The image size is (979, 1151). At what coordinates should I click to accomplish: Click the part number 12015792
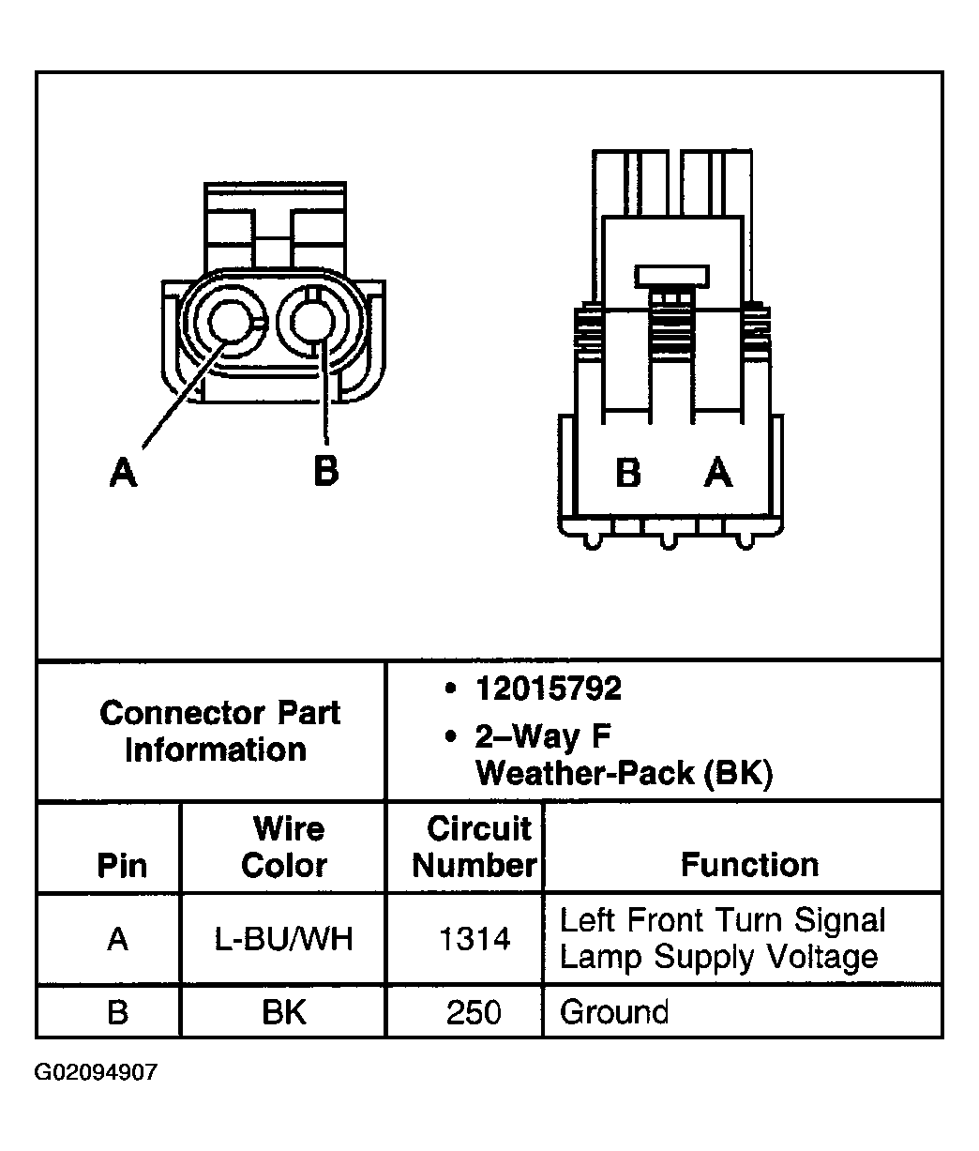pyautogui.click(x=548, y=689)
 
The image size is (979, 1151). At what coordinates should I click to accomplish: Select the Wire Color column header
pyautogui.click(x=283, y=847)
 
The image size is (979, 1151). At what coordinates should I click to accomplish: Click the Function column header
pyautogui.click(x=749, y=864)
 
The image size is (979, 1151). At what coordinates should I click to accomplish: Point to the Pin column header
pyautogui.click(x=122, y=865)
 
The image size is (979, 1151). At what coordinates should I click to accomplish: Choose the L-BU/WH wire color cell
pyautogui.click(x=283, y=939)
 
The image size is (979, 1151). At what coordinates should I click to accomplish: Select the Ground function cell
pyautogui.click(x=614, y=1012)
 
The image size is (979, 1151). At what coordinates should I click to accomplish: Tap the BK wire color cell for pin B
pyautogui.click(x=283, y=1012)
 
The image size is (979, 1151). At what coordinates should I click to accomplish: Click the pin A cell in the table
pyautogui.click(x=117, y=939)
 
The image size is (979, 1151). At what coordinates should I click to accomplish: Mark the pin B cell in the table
pyautogui.click(x=117, y=1012)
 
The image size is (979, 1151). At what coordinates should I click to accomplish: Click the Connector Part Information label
pyautogui.click(x=218, y=732)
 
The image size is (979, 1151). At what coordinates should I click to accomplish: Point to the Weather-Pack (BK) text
pyautogui.click(x=624, y=774)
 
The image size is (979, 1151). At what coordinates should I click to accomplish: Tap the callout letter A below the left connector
pyautogui.click(x=123, y=472)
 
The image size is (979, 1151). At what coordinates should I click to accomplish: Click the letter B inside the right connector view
pyautogui.click(x=628, y=473)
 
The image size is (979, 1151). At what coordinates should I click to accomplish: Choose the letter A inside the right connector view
pyautogui.click(x=718, y=473)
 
